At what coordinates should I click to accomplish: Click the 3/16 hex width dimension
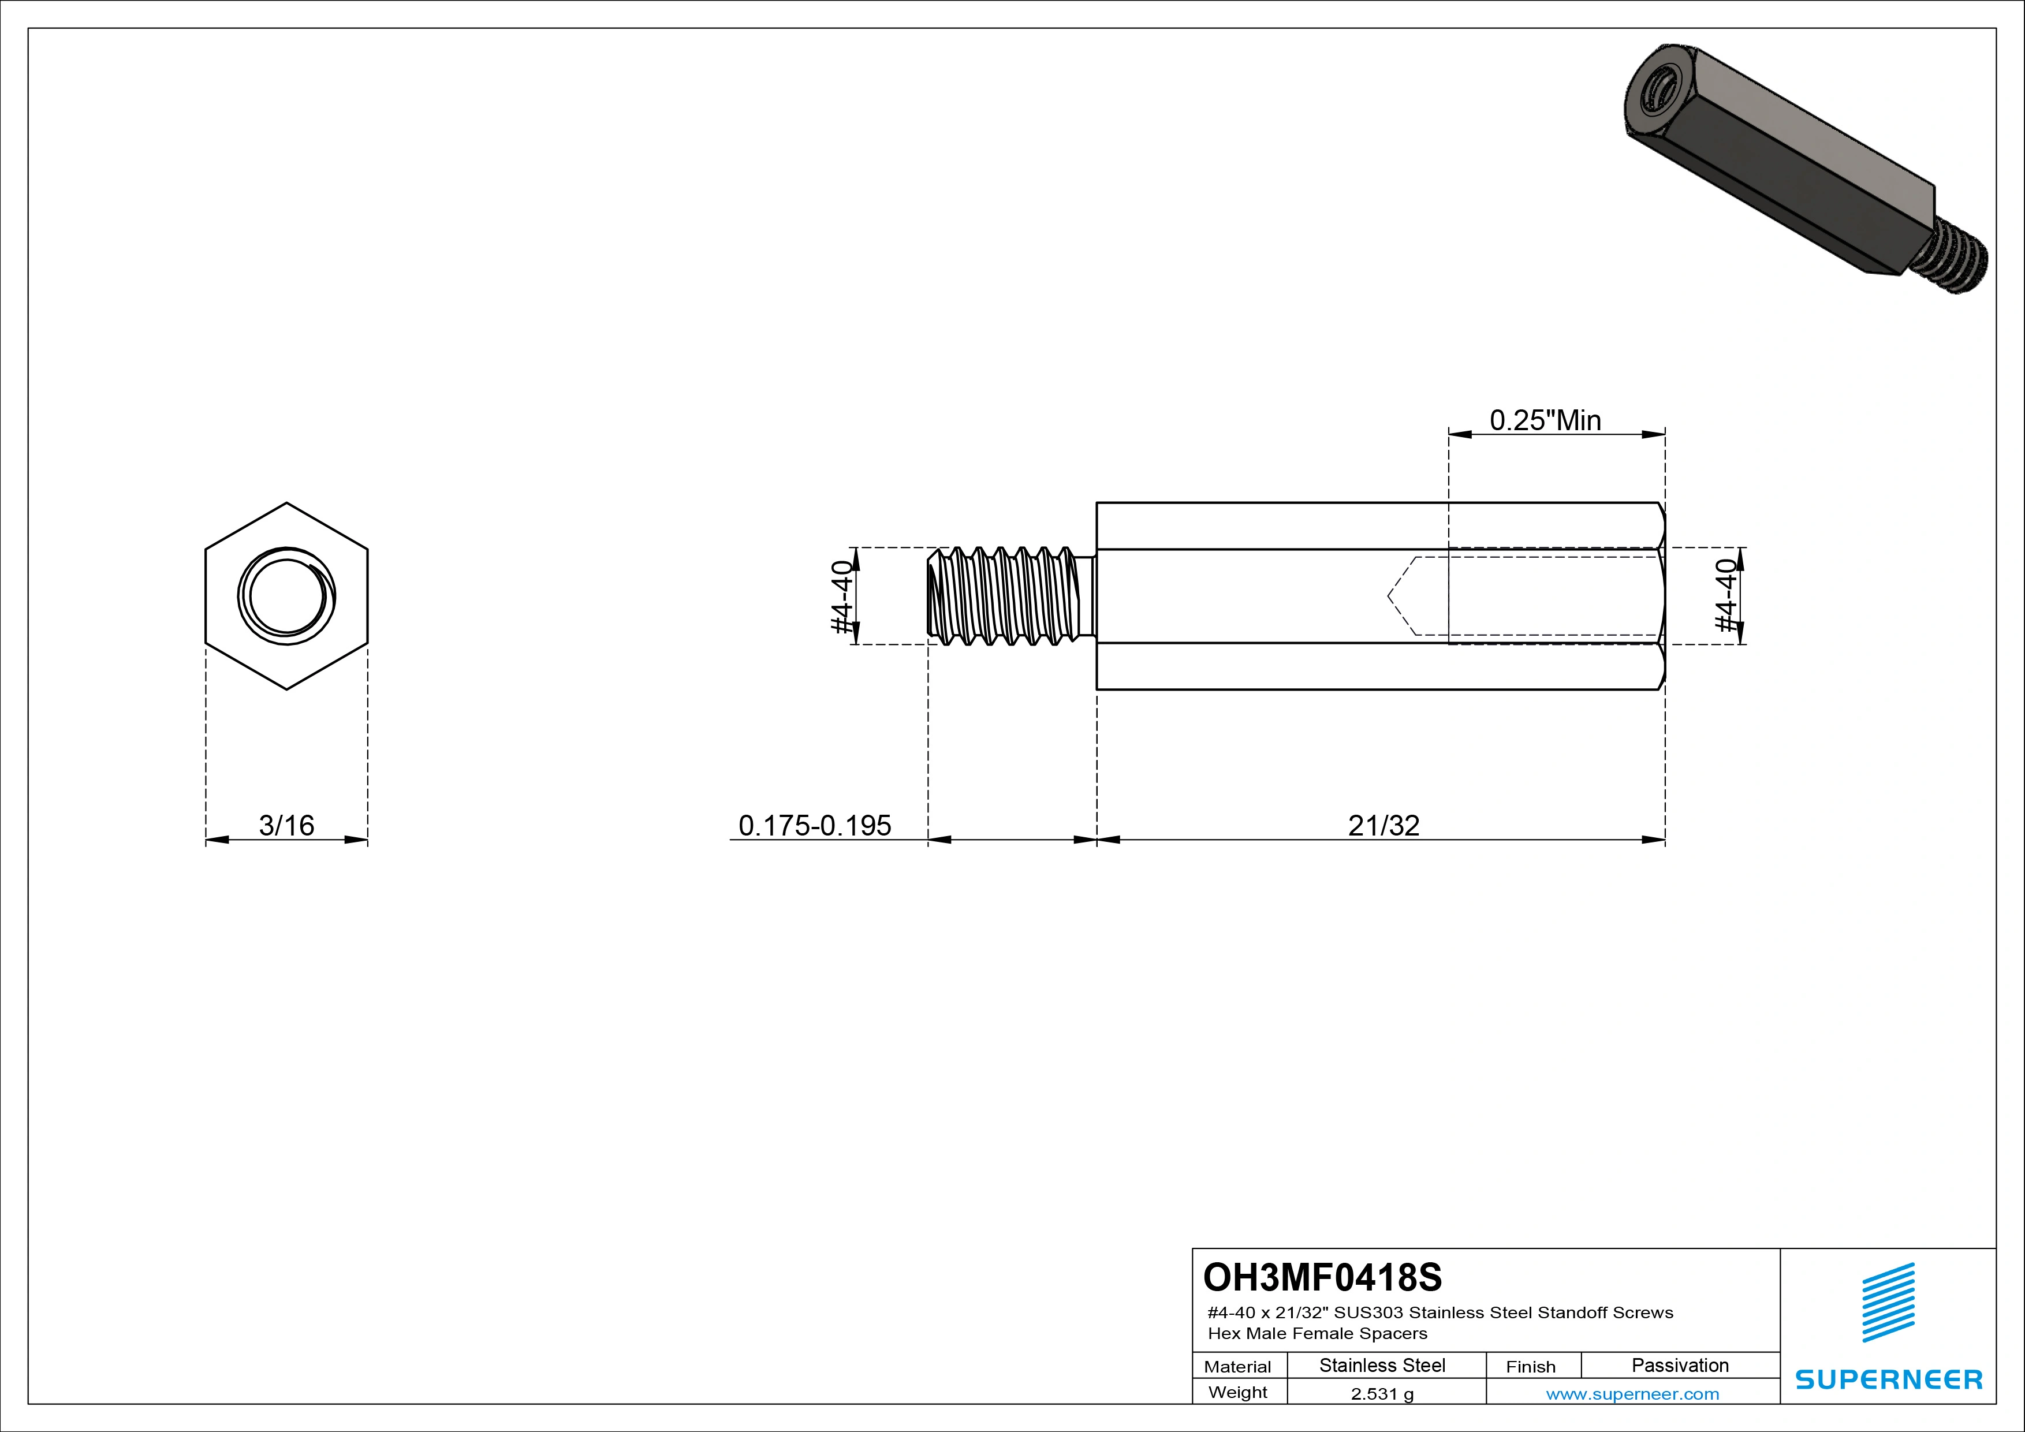point(286,825)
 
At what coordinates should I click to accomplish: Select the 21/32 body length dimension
point(1383,825)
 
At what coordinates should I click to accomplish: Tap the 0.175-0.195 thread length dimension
point(814,825)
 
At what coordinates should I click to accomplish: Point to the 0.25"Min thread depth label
point(1545,420)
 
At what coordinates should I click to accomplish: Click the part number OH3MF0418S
point(1322,1277)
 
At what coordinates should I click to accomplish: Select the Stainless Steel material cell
point(1382,1365)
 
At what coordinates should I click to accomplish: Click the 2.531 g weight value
point(1382,1394)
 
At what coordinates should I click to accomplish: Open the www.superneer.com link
point(1632,1394)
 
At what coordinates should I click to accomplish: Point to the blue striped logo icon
point(1888,1303)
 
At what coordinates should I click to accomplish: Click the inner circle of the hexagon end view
point(286,596)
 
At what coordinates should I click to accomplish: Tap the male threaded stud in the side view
point(1005,596)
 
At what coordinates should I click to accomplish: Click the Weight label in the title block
point(1237,1392)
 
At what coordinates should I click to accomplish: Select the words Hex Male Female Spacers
point(1317,1333)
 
